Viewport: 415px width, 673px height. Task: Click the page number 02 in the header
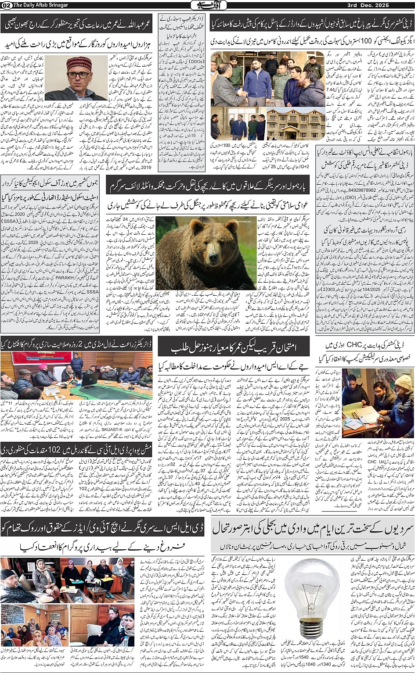tap(6, 5)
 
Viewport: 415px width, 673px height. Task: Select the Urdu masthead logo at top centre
tap(207, 5)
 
